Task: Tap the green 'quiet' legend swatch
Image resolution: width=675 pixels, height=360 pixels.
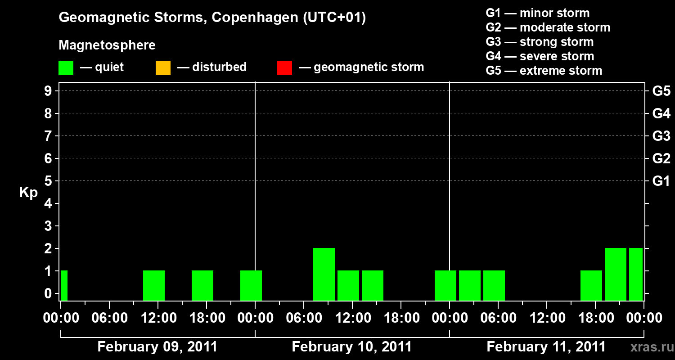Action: tap(66, 68)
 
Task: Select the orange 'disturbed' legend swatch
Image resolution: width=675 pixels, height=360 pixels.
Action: tap(163, 68)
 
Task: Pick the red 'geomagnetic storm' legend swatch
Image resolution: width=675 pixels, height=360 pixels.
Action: tap(284, 68)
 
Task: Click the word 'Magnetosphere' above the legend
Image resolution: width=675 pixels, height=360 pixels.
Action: tap(107, 45)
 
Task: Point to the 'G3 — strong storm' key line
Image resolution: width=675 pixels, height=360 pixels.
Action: tap(540, 42)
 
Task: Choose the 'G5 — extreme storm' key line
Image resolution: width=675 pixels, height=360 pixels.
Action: tap(544, 71)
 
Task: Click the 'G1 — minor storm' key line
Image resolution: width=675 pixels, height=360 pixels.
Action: tap(537, 13)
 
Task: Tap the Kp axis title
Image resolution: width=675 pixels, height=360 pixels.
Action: tap(28, 193)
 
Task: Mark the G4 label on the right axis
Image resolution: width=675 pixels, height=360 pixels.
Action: tap(661, 113)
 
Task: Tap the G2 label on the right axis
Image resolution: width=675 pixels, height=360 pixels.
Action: tap(661, 158)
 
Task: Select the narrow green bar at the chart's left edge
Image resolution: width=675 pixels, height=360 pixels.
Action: tap(64, 285)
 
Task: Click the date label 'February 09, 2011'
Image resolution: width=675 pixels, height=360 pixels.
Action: tap(157, 347)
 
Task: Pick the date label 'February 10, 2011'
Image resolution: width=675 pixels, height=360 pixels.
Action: tap(352, 347)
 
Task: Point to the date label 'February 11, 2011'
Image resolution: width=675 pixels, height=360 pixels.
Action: tap(546, 347)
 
